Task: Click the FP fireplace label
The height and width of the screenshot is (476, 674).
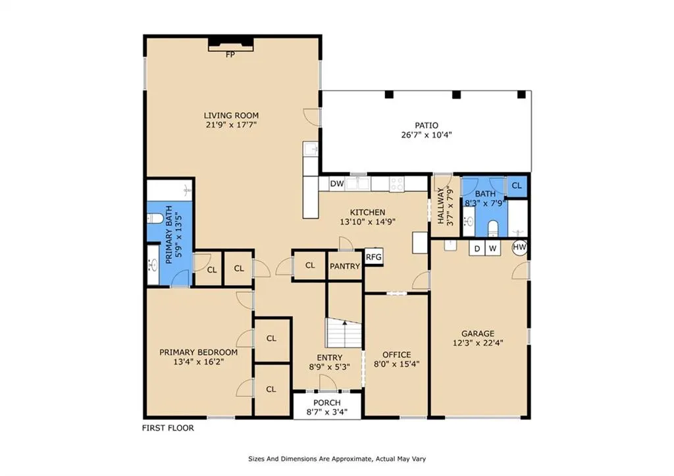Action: (x=230, y=55)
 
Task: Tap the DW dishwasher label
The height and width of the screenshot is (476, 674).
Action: (x=337, y=184)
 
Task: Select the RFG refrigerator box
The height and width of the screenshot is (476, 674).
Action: (x=374, y=257)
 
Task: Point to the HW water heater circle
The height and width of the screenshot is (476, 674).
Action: (x=520, y=248)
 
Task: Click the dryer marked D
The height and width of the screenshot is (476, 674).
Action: (x=477, y=248)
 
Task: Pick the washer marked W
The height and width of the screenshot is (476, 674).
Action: (x=492, y=248)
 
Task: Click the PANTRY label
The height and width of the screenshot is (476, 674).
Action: (x=345, y=267)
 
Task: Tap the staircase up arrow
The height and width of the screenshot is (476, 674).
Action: (x=345, y=323)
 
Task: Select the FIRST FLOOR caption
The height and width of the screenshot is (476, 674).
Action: (x=168, y=428)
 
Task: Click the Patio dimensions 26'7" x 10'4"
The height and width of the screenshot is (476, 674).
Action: (x=427, y=135)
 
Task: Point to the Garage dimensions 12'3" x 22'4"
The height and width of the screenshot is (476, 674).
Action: (x=478, y=343)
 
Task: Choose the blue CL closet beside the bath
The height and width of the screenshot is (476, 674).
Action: (x=517, y=186)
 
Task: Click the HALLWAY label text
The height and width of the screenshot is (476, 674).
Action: (x=441, y=206)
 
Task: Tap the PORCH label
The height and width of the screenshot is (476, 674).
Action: (x=326, y=403)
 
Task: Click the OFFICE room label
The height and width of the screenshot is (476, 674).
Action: (x=397, y=355)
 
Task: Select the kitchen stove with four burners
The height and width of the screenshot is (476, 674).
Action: (x=397, y=184)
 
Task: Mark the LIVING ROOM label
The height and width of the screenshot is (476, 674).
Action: (x=231, y=115)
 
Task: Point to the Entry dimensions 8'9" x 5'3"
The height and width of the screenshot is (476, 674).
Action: (x=329, y=367)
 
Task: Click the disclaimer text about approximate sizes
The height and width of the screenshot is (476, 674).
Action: (x=337, y=459)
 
